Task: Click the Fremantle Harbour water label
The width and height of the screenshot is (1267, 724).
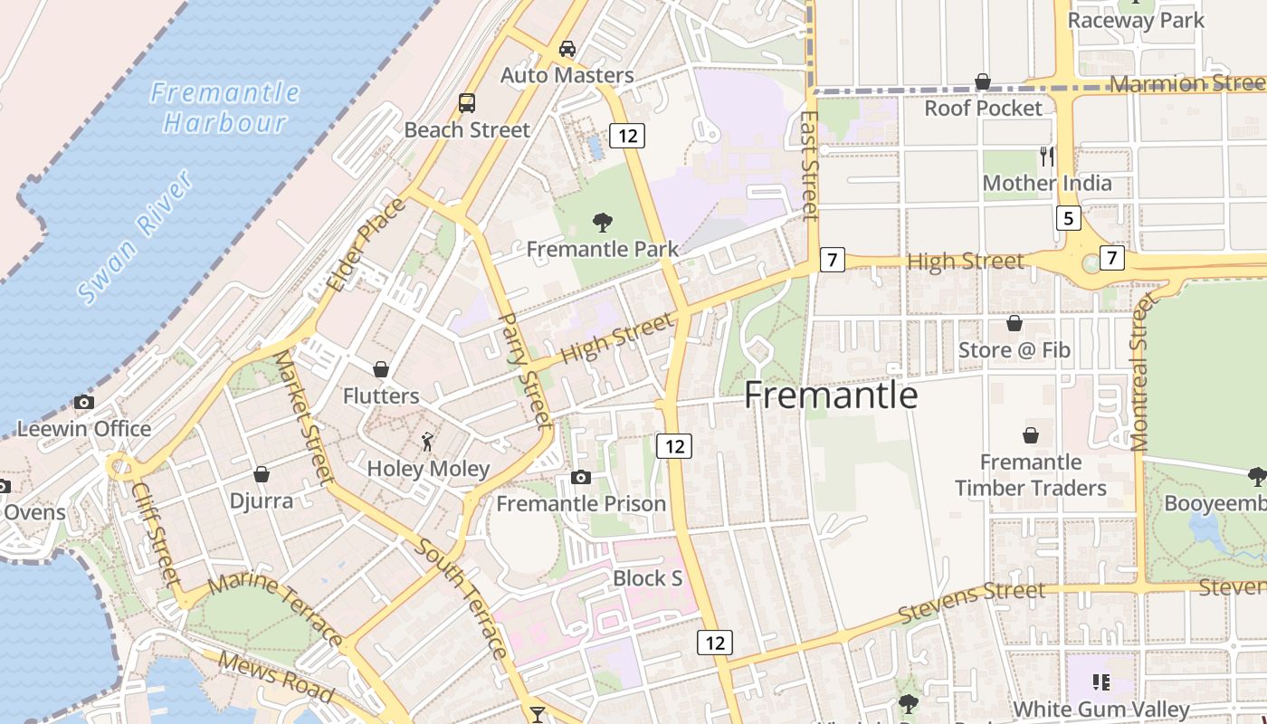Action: click(224, 107)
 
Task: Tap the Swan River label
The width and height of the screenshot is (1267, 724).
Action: click(136, 237)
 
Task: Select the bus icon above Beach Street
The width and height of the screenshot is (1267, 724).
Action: click(467, 103)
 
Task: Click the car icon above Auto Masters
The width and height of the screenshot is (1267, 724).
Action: click(567, 49)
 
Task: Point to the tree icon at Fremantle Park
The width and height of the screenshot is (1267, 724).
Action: click(602, 223)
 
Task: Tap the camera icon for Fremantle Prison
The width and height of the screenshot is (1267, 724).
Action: click(581, 477)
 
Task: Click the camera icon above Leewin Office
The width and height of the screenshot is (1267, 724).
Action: click(84, 402)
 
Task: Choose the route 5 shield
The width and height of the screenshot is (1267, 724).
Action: click(1069, 218)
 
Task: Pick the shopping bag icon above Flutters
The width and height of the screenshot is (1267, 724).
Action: click(381, 369)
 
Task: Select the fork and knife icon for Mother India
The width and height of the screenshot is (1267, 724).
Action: click(1047, 157)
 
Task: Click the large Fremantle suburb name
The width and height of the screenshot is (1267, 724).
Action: click(831, 396)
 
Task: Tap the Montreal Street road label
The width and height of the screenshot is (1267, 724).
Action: click(1139, 371)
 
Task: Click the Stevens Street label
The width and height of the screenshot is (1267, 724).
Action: click(972, 601)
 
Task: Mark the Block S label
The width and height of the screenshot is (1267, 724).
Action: click(647, 578)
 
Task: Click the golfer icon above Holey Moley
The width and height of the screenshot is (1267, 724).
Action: click(428, 442)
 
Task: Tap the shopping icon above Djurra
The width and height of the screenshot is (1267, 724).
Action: click(262, 474)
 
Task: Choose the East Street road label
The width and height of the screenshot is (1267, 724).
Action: click(810, 165)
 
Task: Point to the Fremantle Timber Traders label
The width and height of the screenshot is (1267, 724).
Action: click(1031, 475)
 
